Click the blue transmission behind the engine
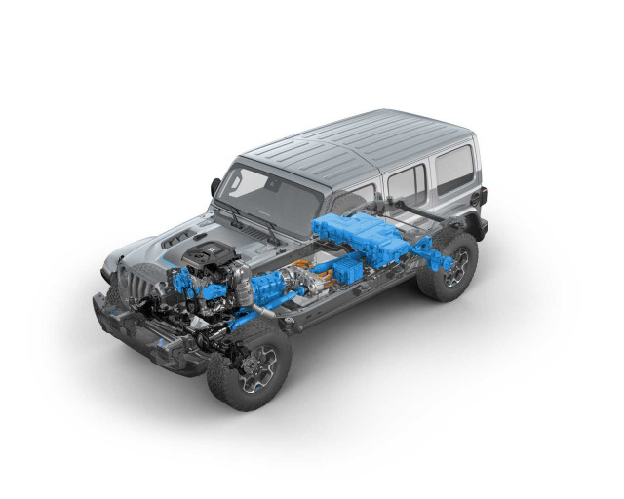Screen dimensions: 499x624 [265, 288]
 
